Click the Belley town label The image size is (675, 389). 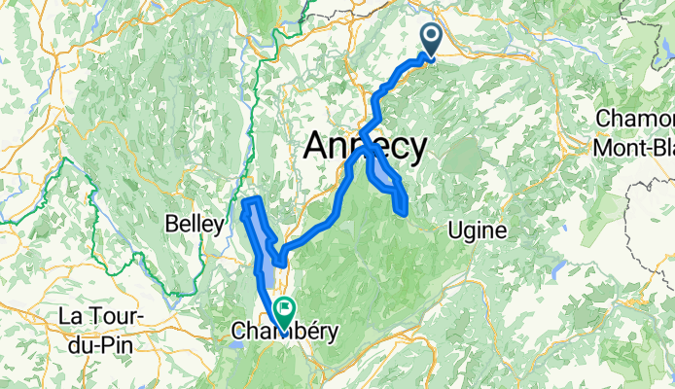tap(195, 224)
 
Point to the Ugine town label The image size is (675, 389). tap(478, 230)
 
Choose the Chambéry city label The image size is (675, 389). tap(284, 333)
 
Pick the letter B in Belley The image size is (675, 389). tap(173, 224)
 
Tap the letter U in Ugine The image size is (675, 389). tap(455, 230)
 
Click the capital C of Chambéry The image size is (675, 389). tap(239, 333)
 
